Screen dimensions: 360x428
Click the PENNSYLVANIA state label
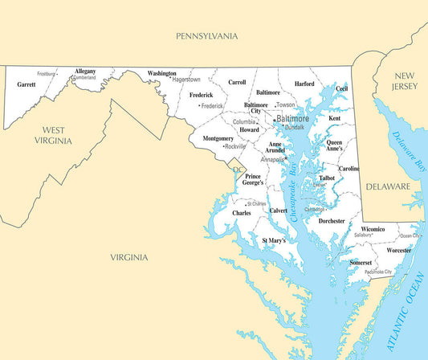207,36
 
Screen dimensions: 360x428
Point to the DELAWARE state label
388,186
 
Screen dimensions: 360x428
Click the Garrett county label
26,84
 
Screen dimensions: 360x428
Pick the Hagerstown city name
186,80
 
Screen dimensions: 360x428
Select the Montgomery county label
207,138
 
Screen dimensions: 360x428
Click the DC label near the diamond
236,170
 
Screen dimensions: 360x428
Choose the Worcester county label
398,250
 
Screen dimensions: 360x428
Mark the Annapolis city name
271,159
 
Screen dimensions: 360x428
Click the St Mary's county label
274,240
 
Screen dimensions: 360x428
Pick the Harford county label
304,84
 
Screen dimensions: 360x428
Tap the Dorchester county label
331,220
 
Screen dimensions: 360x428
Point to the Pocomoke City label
377,272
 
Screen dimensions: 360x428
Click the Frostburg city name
47,73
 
